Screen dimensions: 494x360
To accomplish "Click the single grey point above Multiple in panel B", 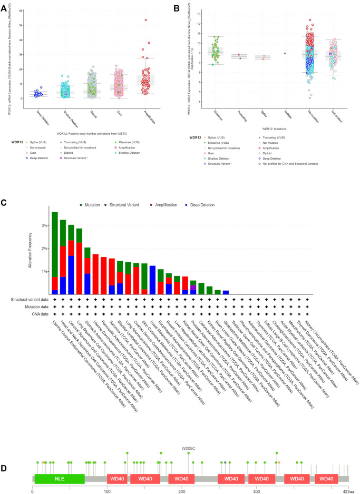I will point(285,53).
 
